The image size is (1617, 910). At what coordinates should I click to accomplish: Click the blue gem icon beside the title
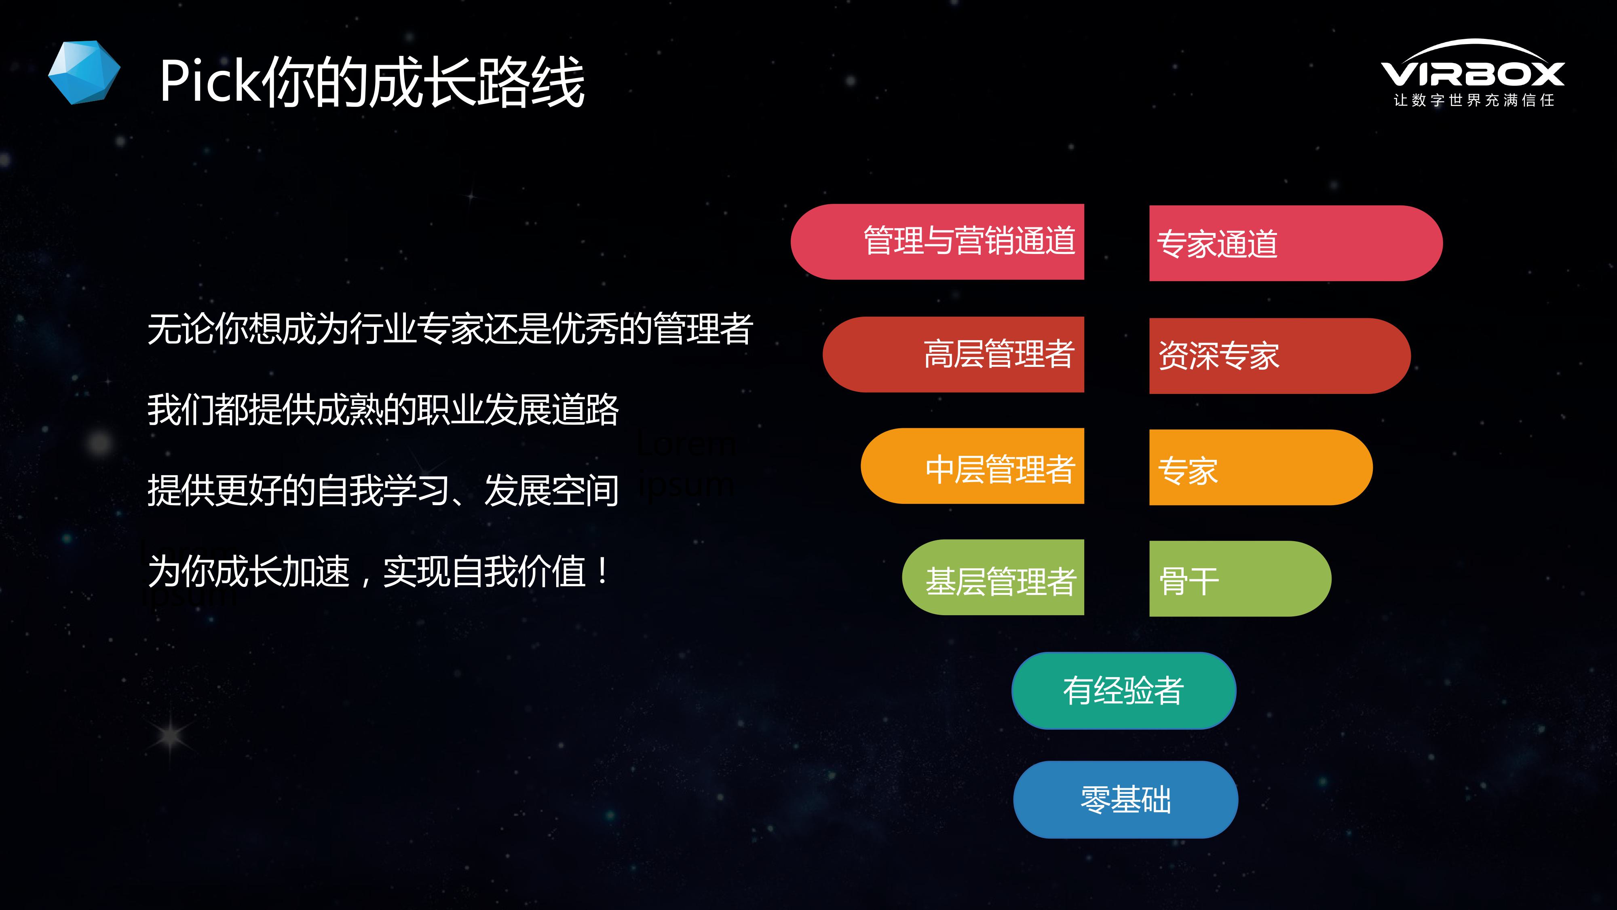pyautogui.click(x=84, y=72)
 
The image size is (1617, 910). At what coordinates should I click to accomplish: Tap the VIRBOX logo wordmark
pyautogui.click(x=1473, y=69)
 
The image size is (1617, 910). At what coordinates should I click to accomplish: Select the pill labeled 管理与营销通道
pyautogui.click(x=937, y=242)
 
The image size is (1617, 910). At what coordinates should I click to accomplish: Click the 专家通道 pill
pyautogui.click(x=1296, y=243)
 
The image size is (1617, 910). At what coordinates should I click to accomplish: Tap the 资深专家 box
pyautogui.click(x=1280, y=356)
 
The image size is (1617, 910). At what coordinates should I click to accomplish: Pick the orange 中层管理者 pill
pyautogui.click(x=972, y=466)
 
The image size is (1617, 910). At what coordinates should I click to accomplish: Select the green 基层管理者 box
pyautogui.click(x=993, y=577)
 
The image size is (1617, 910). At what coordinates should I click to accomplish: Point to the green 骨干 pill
pyautogui.click(x=1240, y=578)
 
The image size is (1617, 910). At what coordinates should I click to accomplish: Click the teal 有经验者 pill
pyautogui.click(x=1124, y=691)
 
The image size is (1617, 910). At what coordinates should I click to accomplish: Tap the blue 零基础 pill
pyautogui.click(x=1125, y=800)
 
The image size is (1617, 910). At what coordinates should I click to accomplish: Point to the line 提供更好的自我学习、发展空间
pyautogui.click(x=383, y=491)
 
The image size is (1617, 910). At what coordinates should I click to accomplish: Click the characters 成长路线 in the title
pyautogui.click(x=477, y=82)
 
